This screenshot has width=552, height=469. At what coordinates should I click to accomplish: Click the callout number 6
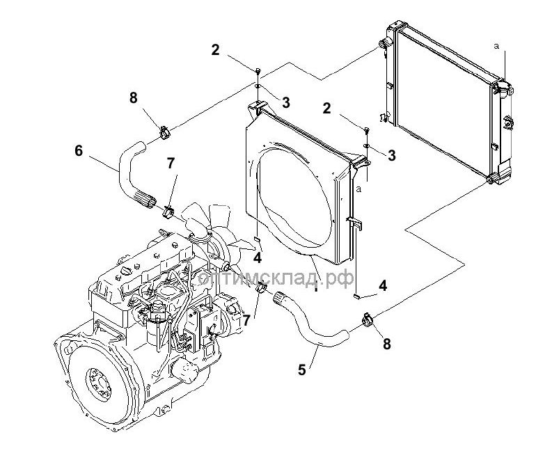point(78,150)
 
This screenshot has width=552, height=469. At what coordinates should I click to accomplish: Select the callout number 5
point(301,369)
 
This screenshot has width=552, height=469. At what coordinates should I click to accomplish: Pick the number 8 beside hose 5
point(387,343)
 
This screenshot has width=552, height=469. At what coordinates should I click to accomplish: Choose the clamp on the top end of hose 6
point(164,130)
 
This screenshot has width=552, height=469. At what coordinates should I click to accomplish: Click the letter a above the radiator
point(496,46)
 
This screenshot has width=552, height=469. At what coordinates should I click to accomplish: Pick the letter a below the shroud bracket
point(359,189)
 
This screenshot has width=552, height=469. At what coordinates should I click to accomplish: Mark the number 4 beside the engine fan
point(258,258)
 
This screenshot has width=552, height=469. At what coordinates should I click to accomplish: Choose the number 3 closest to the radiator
point(392,156)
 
